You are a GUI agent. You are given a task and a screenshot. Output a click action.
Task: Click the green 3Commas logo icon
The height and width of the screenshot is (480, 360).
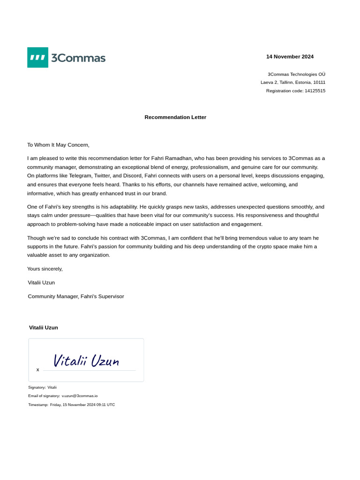coord(37,57)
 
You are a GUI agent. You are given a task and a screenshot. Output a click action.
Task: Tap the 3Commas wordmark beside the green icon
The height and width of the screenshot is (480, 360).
coord(78,58)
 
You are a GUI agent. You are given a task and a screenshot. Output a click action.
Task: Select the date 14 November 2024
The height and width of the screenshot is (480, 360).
coord(290,57)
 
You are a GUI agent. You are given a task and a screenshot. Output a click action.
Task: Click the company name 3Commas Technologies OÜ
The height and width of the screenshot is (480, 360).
coord(296,74)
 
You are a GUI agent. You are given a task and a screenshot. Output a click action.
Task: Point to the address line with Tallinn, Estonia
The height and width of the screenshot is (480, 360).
coord(293,82)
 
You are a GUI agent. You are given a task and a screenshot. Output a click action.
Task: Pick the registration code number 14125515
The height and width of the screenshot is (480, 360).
coord(315,91)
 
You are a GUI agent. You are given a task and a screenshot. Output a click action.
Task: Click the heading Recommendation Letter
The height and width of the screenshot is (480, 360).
coord(175,117)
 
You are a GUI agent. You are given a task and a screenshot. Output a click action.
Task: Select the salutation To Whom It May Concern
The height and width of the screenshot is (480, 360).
coord(58,145)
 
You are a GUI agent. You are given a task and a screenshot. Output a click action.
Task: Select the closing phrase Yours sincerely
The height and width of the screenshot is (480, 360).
coord(45,269)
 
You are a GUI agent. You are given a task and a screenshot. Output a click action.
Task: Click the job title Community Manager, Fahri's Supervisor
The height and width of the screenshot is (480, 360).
coord(76,297)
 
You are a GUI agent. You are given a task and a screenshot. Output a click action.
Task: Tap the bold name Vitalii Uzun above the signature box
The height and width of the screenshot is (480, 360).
coord(44,328)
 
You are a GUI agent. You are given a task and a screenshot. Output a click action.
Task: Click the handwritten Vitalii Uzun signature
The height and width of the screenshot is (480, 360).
coord(86,360)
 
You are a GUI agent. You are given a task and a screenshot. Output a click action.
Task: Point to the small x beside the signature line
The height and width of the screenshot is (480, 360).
coord(38,370)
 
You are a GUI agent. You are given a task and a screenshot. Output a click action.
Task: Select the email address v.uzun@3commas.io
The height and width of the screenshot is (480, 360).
coord(80,396)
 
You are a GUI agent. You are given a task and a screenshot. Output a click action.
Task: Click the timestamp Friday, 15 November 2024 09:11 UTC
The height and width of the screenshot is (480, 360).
coord(82,405)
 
